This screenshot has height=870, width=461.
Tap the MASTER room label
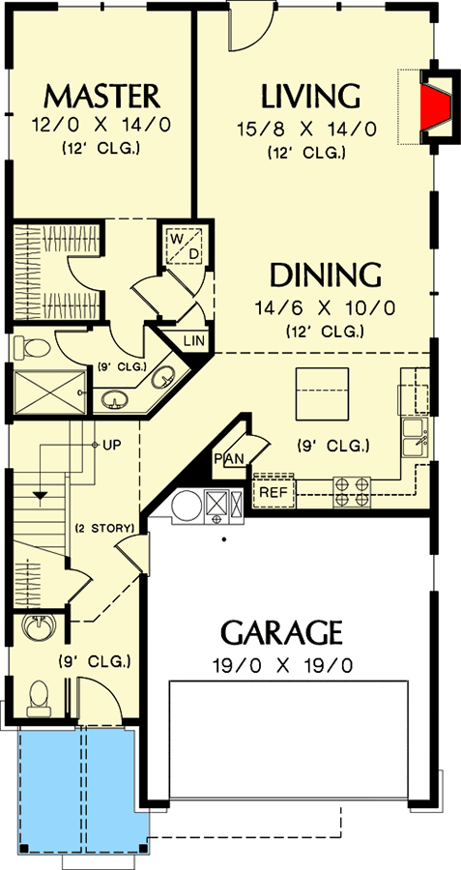click(x=101, y=97)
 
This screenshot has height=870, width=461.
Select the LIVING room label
click(x=310, y=97)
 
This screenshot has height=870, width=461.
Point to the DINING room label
click(x=325, y=275)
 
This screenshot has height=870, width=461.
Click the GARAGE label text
click(x=281, y=633)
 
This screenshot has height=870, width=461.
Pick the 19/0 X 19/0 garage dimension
click(x=280, y=665)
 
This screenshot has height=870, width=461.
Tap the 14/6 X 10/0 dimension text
click(x=325, y=308)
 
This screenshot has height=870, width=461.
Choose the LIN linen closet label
click(x=193, y=339)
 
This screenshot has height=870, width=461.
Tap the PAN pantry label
click(x=227, y=458)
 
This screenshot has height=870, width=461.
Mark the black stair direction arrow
click(x=41, y=496)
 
